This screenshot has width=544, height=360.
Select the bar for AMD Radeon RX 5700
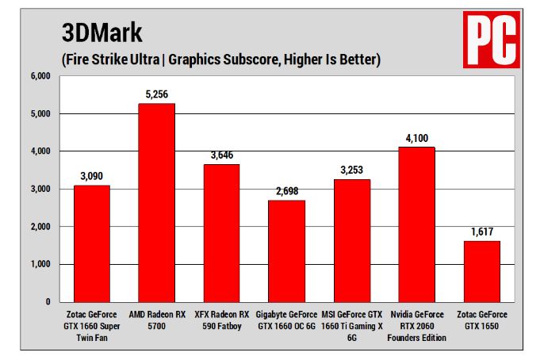pyautogui.click(x=156, y=202)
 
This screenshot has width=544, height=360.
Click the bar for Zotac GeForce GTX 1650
pyautogui.click(x=481, y=271)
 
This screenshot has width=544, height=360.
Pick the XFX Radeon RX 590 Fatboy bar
pyautogui.click(x=221, y=233)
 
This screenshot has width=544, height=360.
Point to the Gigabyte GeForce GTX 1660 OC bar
pyautogui.click(x=286, y=251)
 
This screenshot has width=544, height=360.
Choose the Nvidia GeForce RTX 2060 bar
pyautogui.click(x=416, y=224)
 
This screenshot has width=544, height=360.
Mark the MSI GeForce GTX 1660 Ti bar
pyautogui.click(x=351, y=240)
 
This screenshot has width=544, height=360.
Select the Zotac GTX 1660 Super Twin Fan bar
pyautogui.click(x=92, y=243)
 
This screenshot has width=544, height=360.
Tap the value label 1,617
pyautogui.click(x=481, y=232)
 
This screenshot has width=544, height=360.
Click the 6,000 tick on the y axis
pyautogui.click(x=40, y=76)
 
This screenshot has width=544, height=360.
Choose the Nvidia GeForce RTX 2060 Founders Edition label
pyautogui.click(x=416, y=325)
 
